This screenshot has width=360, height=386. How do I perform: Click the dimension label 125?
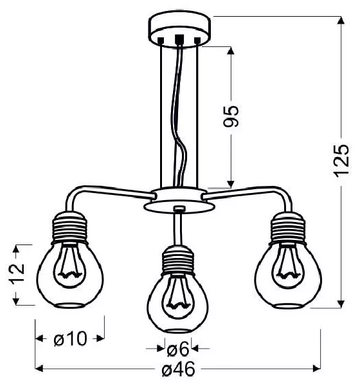click(341, 160)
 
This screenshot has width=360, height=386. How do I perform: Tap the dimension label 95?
click(231, 116)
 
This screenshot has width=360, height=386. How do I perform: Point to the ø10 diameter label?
click(70, 339)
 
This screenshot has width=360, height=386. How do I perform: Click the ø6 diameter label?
click(178, 349)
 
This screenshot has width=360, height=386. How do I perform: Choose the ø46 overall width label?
click(179, 369)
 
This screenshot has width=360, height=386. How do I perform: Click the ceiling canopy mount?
click(179, 28)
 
